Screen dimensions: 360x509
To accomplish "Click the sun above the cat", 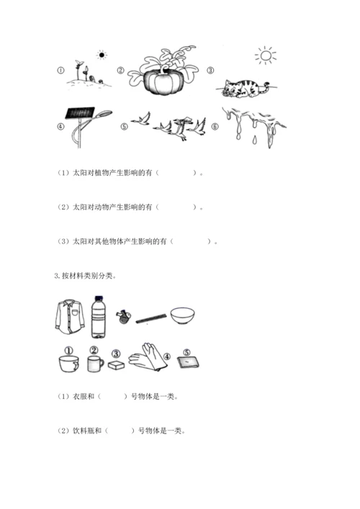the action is click(x=266, y=55).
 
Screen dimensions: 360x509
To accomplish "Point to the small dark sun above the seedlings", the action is click(x=102, y=55).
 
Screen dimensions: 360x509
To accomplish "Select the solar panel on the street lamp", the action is click(x=80, y=112).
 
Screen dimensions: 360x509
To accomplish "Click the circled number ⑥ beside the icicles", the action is click(x=215, y=127).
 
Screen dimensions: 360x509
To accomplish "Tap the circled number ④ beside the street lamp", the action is click(x=60, y=127).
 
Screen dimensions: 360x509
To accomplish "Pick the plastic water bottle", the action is click(x=99, y=317).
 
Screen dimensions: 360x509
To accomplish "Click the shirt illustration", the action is click(x=69, y=317).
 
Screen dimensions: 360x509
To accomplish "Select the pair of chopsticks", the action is click(x=151, y=318).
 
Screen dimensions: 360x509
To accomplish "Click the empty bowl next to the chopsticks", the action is click(x=182, y=316).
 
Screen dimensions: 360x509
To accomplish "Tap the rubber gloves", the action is click(x=148, y=357).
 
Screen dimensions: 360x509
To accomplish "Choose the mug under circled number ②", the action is click(x=96, y=364).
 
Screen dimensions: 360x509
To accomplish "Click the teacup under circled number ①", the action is click(x=69, y=364).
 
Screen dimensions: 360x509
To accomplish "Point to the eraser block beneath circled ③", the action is click(x=116, y=365).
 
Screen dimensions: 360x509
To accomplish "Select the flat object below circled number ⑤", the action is click(x=188, y=362).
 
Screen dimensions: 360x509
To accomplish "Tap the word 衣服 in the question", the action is click(x=79, y=397).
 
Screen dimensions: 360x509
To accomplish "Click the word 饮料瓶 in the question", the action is click(x=84, y=431).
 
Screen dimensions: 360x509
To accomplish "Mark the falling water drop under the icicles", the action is click(x=254, y=140).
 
